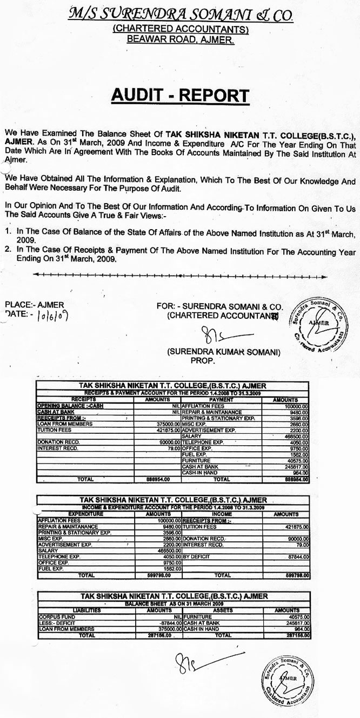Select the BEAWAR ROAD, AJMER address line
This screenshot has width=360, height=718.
click(179, 39)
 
